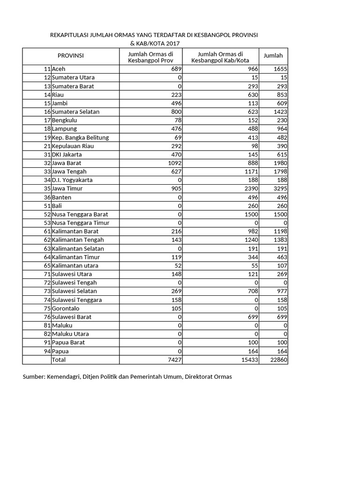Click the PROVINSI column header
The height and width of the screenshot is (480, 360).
click(70, 56)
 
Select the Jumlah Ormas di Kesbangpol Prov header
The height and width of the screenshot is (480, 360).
click(150, 57)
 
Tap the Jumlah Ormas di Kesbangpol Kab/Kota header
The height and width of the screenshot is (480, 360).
click(220, 57)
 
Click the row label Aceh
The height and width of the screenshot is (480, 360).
click(59, 69)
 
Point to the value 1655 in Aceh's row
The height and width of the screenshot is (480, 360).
click(280, 69)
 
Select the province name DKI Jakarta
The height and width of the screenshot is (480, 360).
click(67, 154)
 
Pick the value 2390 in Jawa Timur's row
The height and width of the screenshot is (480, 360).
click(250, 188)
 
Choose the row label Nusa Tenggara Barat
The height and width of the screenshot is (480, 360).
click(80, 214)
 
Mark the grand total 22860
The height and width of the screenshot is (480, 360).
click(278, 360)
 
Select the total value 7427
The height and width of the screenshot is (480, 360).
click(174, 360)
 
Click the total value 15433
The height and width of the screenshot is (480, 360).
click(248, 360)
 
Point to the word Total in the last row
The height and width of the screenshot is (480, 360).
click(59, 360)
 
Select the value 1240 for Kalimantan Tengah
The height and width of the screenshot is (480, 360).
click(250, 240)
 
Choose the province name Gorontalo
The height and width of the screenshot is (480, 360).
click(66, 308)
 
